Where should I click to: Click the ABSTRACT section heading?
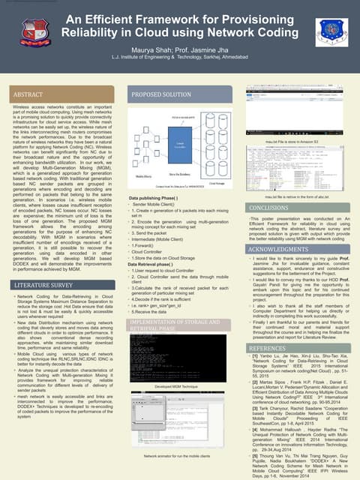pos(28,95)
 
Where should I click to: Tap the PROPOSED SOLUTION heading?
pos(161,95)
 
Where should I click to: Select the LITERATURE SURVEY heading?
pos(43,286)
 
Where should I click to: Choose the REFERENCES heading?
pos(267,349)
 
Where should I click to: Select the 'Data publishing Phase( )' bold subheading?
pos(153,196)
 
